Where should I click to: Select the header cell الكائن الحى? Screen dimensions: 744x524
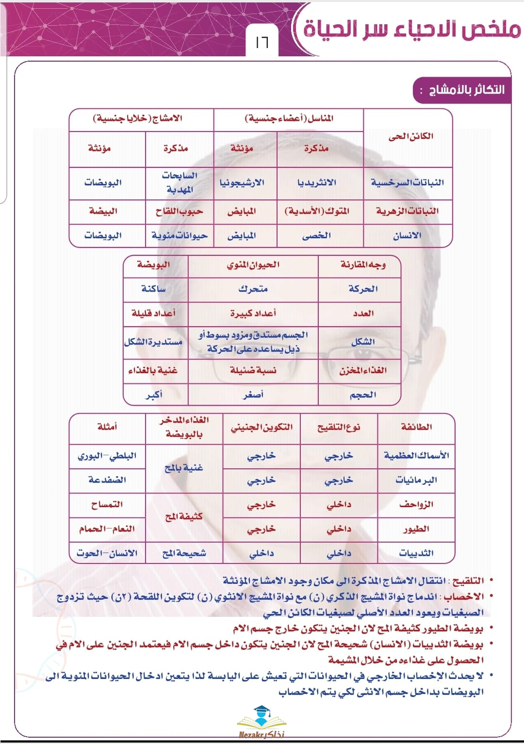410,136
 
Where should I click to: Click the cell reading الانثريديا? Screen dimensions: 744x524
316,182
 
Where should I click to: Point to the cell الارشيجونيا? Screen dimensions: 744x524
242,182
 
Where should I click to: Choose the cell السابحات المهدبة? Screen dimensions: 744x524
180,182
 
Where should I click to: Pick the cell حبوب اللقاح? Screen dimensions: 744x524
179,211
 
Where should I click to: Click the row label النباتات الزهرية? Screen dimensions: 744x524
407,211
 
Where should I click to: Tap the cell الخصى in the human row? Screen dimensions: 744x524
316,235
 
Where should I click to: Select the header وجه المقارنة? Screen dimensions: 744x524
363,265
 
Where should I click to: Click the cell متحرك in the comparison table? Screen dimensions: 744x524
253,289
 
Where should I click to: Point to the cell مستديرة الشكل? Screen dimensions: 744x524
153,342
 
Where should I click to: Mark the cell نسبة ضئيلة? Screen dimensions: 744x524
253,370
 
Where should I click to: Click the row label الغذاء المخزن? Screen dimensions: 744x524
363,370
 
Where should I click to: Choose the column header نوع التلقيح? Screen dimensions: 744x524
339,427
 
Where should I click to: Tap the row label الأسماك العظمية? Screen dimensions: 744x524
416,455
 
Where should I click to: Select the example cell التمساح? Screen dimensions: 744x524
107,504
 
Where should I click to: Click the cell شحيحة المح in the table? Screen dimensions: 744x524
184,553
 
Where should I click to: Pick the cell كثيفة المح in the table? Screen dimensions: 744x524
184,516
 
